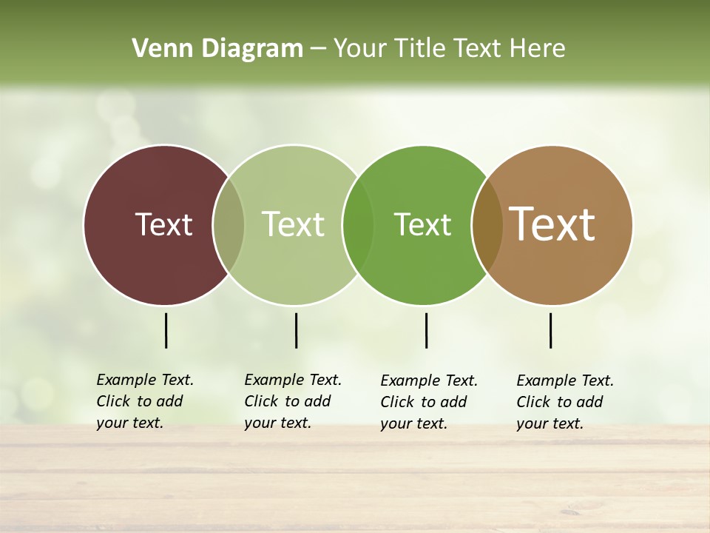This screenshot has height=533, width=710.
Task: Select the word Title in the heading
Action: pyautogui.click(x=420, y=49)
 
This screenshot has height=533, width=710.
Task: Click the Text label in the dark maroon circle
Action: pyautogui.click(x=163, y=224)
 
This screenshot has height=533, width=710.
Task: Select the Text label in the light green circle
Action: pyautogui.click(x=293, y=224)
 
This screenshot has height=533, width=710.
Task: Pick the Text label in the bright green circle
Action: pyautogui.click(x=422, y=224)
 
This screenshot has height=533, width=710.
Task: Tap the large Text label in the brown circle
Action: pyautogui.click(x=552, y=224)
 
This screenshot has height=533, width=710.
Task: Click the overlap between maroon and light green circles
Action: pyautogui.click(x=229, y=225)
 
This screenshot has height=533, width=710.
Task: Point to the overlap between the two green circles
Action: pyautogui.click(x=358, y=225)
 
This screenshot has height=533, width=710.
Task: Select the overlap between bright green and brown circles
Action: pyautogui.click(x=487, y=225)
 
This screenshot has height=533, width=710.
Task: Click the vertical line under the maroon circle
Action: pyautogui.click(x=166, y=330)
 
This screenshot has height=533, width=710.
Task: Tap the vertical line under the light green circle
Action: pyautogui.click(x=296, y=330)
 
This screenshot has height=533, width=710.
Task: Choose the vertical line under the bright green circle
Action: pyautogui.click(x=426, y=330)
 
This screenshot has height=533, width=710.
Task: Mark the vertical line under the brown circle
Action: pyautogui.click(x=550, y=330)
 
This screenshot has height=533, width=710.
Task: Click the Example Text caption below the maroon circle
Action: pyautogui.click(x=145, y=401)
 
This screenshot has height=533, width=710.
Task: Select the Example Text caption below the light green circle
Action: pyautogui.click(x=293, y=401)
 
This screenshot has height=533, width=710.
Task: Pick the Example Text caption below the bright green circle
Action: pyautogui.click(x=429, y=402)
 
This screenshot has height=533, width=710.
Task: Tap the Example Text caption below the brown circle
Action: pyautogui.click(x=565, y=402)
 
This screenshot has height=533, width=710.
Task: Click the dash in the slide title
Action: pyautogui.click(x=318, y=50)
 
